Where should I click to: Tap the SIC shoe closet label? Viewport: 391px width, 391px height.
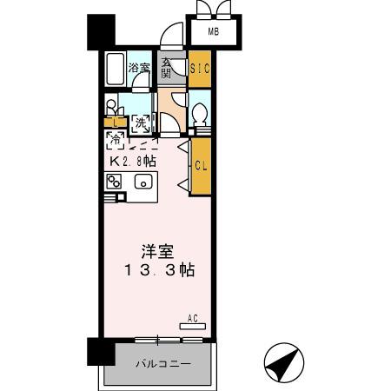pos(199,68)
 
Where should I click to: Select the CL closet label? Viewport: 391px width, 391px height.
pos(199,165)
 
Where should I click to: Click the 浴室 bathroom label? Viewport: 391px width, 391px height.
pos(139,68)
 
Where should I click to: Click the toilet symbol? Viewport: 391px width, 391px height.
pos(199,114)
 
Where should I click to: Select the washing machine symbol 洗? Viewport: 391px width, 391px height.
pos(141,123)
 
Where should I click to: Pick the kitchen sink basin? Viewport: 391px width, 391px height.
pos(142,182)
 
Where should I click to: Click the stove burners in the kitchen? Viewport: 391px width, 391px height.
pos(115,182)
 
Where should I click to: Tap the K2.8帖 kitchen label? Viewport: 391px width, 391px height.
pos(132,161)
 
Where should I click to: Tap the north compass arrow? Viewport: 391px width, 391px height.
pos(283,364)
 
